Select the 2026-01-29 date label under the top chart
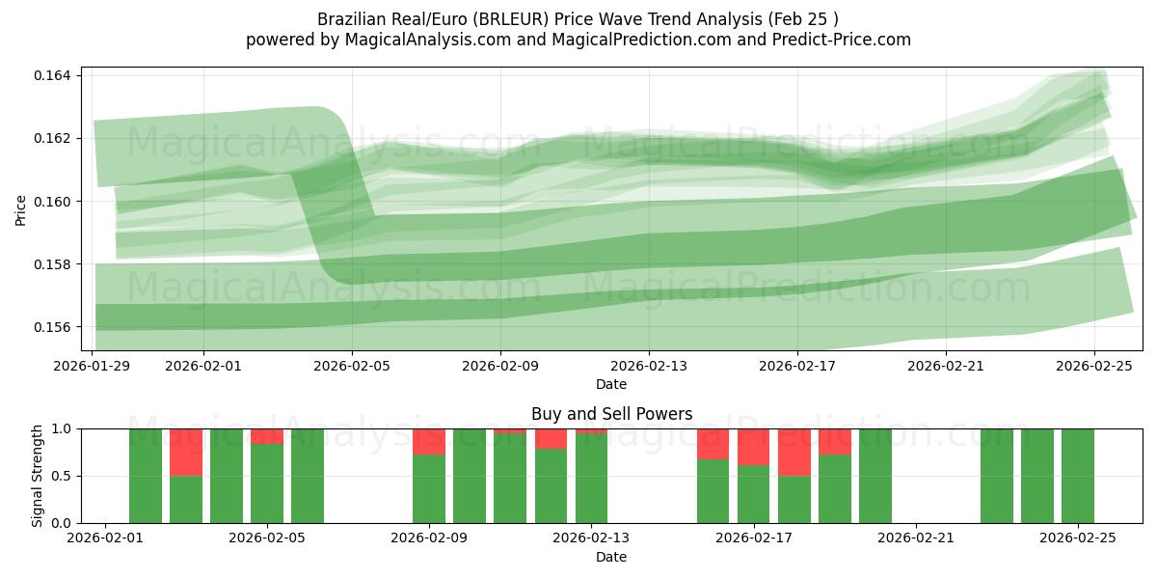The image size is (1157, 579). click(x=94, y=367)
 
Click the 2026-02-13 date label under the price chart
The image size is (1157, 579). click(x=649, y=367)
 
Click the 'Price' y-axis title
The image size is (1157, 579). click(x=21, y=209)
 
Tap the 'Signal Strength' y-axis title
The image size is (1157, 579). click(x=38, y=475)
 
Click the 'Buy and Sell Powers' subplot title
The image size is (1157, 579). click(x=611, y=414)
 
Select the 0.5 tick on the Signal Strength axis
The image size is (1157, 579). click(x=62, y=476)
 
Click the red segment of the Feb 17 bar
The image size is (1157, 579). click(x=753, y=447)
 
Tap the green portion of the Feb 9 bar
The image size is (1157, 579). click(x=429, y=488)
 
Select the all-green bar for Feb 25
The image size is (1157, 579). click(x=1078, y=476)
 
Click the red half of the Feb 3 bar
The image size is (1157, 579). click(x=186, y=452)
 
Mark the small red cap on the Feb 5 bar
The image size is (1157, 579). click(x=267, y=436)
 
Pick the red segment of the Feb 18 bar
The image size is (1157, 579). click(x=794, y=452)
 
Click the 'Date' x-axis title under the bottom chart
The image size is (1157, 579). click(x=611, y=558)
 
